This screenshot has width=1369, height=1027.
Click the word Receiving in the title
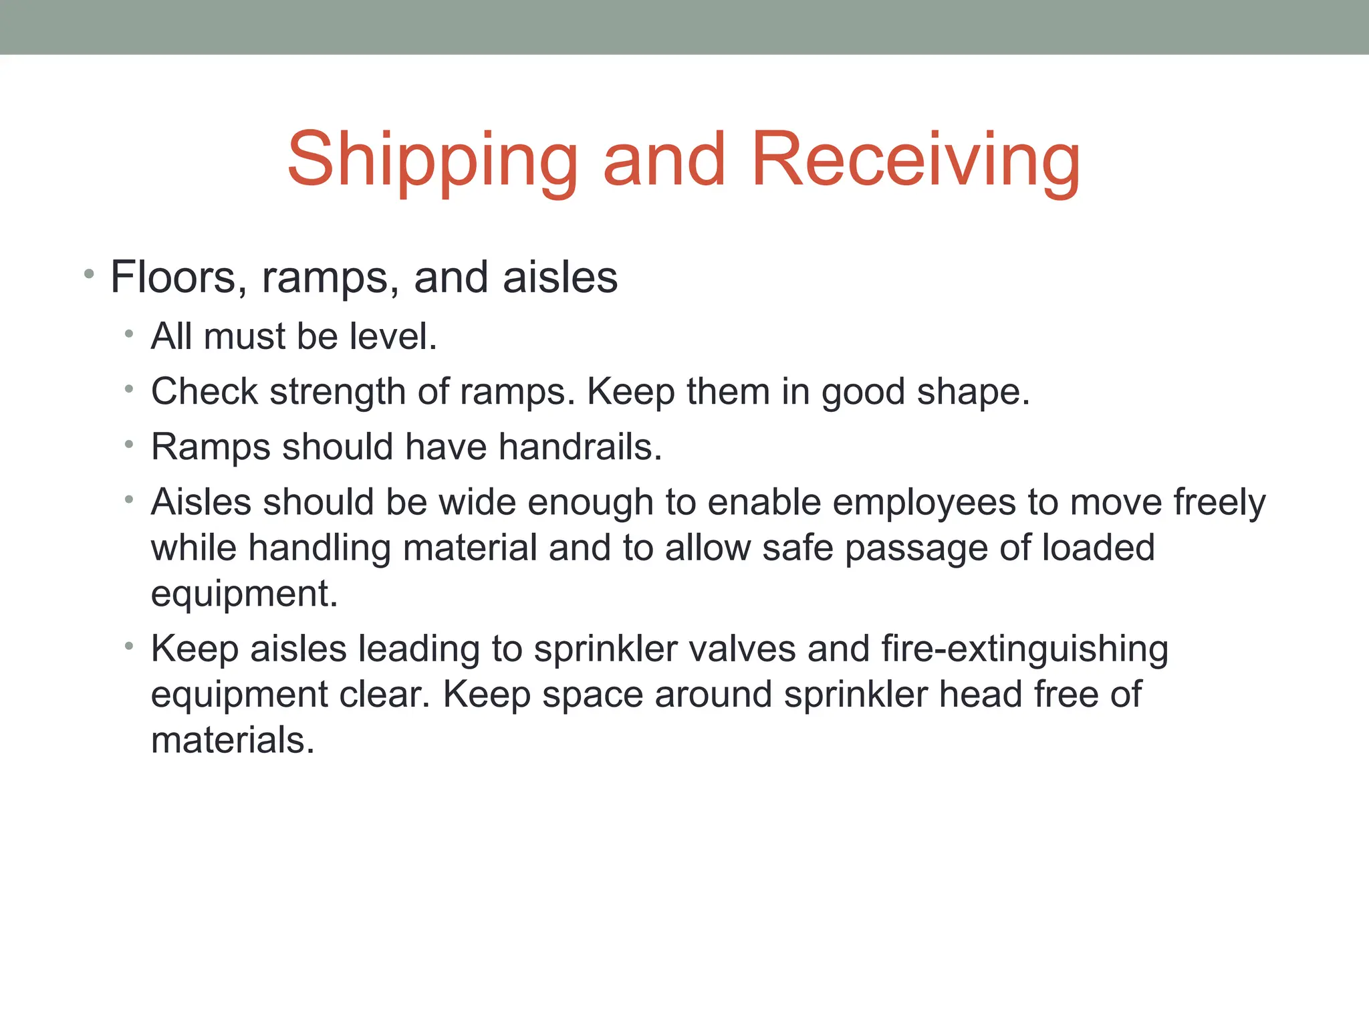coord(915,160)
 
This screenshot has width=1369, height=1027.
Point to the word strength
coord(338,392)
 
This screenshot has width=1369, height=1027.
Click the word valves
coord(742,649)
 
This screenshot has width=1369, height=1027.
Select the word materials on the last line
coord(232,740)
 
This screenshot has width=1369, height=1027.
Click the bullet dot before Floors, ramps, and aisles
coord(89,273)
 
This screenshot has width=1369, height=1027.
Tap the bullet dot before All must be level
coord(129,333)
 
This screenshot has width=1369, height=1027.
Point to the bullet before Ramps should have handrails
coord(129,444)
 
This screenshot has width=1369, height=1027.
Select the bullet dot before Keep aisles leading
coord(129,646)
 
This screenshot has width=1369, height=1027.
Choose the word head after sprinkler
coord(980,694)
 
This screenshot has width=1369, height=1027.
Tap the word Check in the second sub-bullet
coord(205,392)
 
